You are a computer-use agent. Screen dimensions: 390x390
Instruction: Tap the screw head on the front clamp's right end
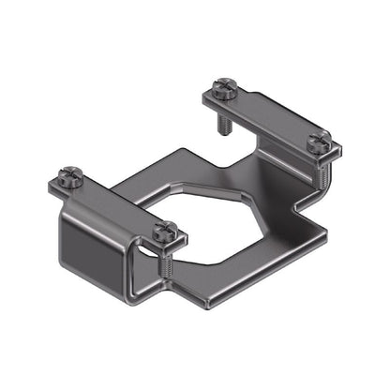pyautogui.click(x=166, y=229)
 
